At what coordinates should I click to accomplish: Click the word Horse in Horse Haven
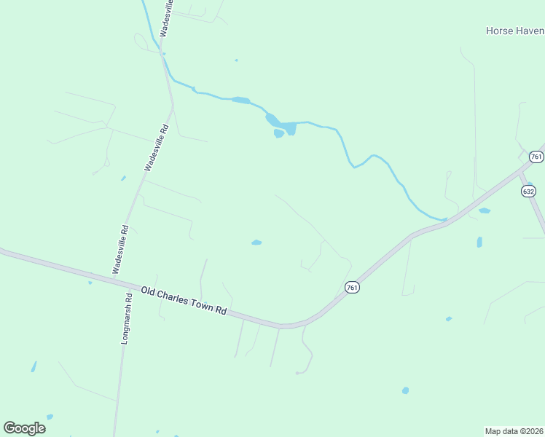click(500, 31)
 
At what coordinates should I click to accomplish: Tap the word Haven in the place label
click(531, 31)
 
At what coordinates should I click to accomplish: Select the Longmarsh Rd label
click(127, 318)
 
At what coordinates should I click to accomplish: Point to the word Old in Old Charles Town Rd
click(149, 290)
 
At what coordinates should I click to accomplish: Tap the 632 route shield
click(528, 191)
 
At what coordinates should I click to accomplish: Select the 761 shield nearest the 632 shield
click(536, 157)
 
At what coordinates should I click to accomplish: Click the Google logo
click(24, 428)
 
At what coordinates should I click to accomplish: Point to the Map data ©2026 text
click(514, 431)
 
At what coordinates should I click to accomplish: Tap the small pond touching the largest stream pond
click(278, 133)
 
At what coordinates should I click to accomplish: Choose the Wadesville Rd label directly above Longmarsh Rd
click(121, 249)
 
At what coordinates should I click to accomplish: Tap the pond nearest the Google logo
click(50, 417)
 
